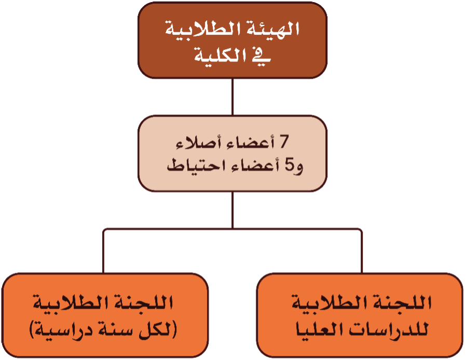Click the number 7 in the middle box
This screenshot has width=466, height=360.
tap(284, 141)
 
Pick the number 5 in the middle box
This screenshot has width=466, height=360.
tap(290, 165)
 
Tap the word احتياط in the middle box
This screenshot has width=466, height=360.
tap(196, 165)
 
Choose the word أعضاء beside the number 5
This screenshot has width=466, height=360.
tap(254, 165)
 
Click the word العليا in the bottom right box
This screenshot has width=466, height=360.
tap(320, 329)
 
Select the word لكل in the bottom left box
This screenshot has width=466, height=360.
tap(154, 330)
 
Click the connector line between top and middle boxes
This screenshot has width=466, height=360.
tap(232, 97)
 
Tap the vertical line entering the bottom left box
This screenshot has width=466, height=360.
tap(103, 251)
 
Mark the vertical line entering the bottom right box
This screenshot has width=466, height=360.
tap(362, 251)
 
